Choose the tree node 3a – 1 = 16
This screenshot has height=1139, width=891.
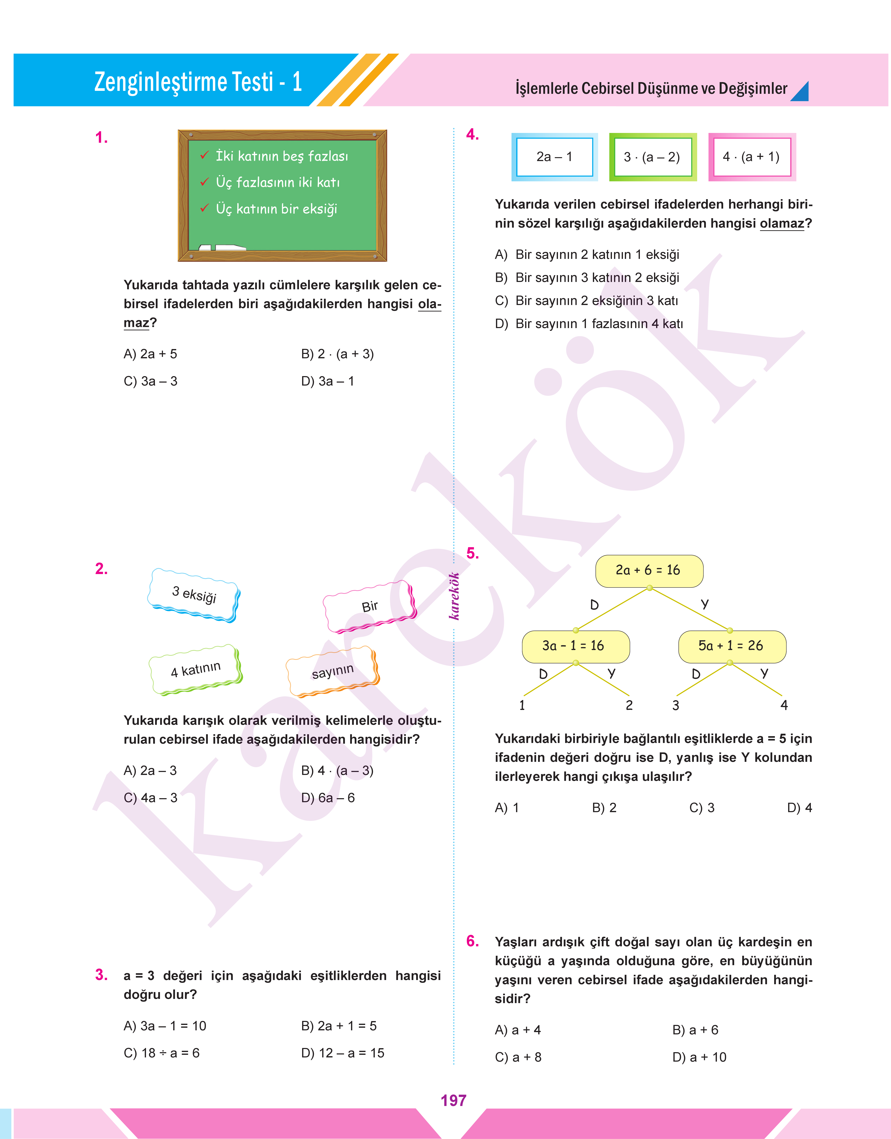[575, 646]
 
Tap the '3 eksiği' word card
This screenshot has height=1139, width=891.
[194, 595]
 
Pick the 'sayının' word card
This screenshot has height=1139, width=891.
[333, 672]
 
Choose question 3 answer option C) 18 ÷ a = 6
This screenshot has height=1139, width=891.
[162, 1053]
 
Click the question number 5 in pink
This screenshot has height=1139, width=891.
[472, 554]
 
